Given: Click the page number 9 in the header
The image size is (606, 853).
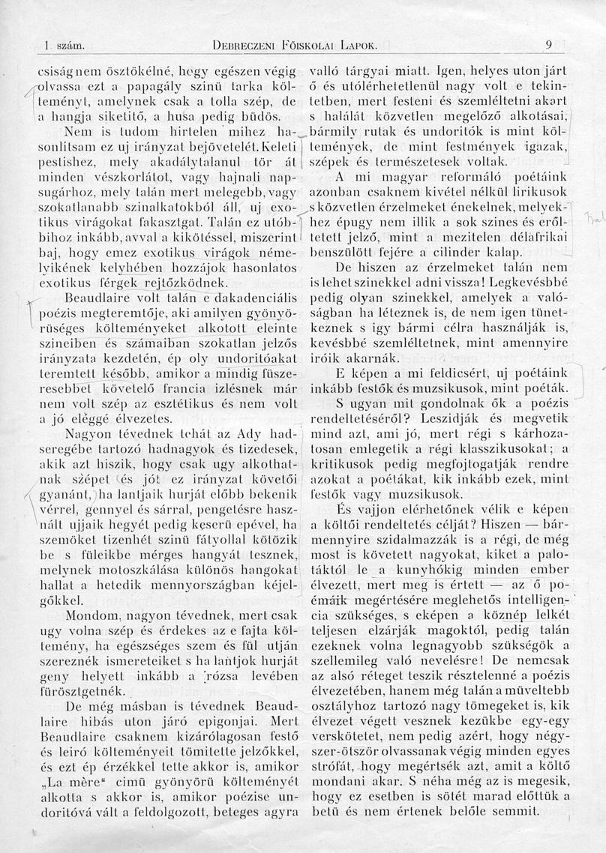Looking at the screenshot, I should [549, 44].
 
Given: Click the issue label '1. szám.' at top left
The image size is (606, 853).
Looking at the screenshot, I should [61, 45].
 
